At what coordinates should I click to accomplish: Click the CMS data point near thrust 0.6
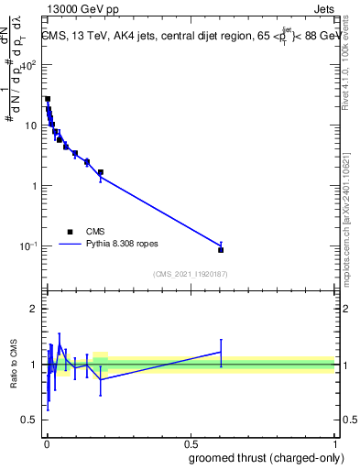pyautogui.click(x=221, y=249)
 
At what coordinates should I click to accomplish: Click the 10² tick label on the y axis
pyautogui.click(x=29, y=65)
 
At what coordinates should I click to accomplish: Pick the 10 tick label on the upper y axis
pyautogui.click(x=32, y=125)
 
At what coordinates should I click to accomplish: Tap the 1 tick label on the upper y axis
pyautogui.click(x=35, y=186)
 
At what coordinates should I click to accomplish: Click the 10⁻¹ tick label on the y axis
pyautogui.click(x=29, y=245)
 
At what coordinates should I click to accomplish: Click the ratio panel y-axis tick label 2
pyautogui.click(x=35, y=309)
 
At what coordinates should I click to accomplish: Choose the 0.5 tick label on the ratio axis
pyautogui.click(x=29, y=420)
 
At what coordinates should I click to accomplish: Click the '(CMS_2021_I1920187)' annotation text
pyautogui.click(x=190, y=274)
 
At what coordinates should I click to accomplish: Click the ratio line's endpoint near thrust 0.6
pyautogui.click(x=221, y=352)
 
